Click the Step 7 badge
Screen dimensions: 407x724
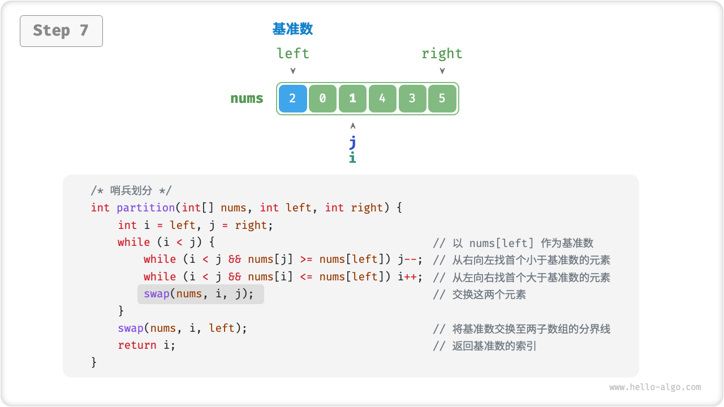[x=61, y=31]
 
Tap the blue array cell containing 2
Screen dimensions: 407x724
[x=292, y=98]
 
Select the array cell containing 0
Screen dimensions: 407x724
[x=322, y=98]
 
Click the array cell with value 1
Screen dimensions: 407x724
[x=352, y=98]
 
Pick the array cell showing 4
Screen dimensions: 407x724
[x=382, y=98]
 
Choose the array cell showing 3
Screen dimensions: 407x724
[x=412, y=98]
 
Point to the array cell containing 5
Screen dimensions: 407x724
[x=442, y=98]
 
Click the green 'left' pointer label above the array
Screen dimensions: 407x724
[x=293, y=54]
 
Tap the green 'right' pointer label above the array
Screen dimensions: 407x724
[x=442, y=54]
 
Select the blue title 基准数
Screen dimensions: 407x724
[x=292, y=29]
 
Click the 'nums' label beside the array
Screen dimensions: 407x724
[x=247, y=98]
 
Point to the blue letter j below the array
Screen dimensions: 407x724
[x=353, y=141]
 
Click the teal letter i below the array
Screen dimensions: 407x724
[x=352, y=157]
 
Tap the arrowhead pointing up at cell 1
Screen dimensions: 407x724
[x=353, y=125]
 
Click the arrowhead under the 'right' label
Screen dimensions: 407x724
[x=442, y=71]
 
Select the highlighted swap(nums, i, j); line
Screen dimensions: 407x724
[x=201, y=294]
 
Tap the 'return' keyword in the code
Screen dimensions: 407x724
[x=137, y=345]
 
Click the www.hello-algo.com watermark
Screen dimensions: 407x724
[x=655, y=387]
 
